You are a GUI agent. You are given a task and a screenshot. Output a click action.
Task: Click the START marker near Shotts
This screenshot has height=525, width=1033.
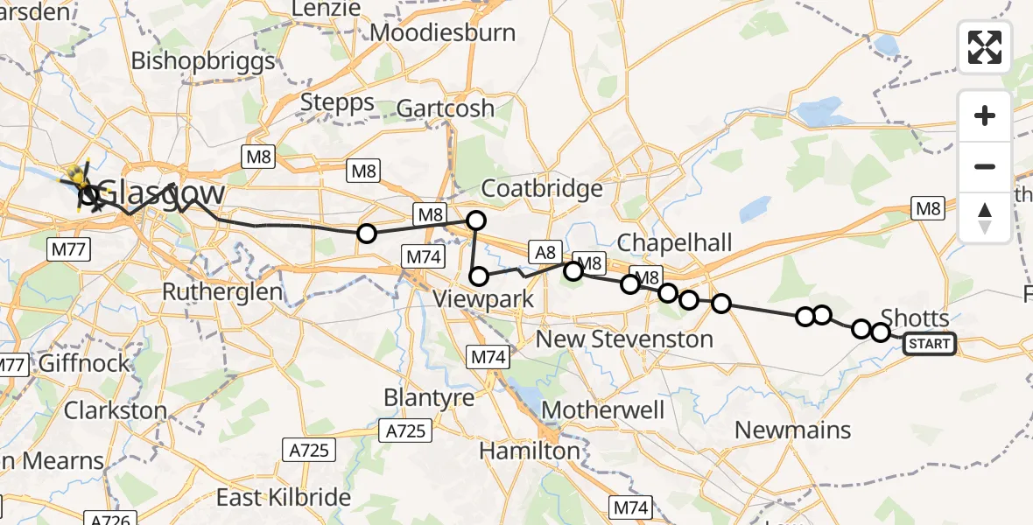[930, 344]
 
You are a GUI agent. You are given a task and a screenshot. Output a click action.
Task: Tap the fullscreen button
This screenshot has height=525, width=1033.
[985, 46]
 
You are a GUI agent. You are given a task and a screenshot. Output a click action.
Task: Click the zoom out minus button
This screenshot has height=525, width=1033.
[985, 166]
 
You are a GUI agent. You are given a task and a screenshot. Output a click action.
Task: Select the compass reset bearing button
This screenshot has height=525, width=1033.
[985, 217]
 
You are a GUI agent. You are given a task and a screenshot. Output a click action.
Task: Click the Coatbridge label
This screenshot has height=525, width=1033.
[543, 188]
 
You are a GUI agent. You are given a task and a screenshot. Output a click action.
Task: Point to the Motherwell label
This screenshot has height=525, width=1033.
[603, 409]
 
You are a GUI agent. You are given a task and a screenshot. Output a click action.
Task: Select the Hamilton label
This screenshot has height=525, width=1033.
[530, 451]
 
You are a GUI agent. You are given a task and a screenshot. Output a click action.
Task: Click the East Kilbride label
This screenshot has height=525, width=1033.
[284, 498]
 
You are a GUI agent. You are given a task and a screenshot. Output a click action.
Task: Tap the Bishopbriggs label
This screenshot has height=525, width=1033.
[203, 61]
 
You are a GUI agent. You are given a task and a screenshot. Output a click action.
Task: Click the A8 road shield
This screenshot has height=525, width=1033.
[545, 253]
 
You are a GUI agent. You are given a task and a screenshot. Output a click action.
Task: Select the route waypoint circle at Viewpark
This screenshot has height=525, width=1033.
[479, 277]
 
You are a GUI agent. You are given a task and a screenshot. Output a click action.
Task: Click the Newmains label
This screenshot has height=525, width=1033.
[792, 430]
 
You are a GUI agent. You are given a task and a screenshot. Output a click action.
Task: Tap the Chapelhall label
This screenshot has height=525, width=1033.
[674, 242]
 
